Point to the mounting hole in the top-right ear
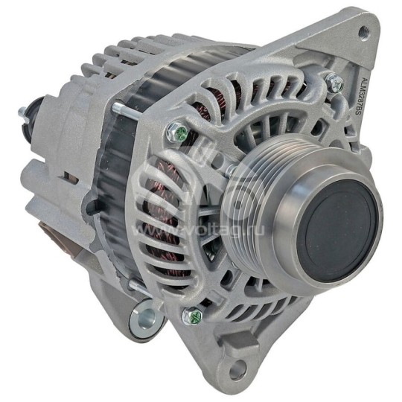(363, 31)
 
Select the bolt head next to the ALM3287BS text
(334, 84)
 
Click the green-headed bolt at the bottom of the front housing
(193, 316)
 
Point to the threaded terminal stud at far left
(23, 114)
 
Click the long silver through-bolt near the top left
(123, 112)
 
